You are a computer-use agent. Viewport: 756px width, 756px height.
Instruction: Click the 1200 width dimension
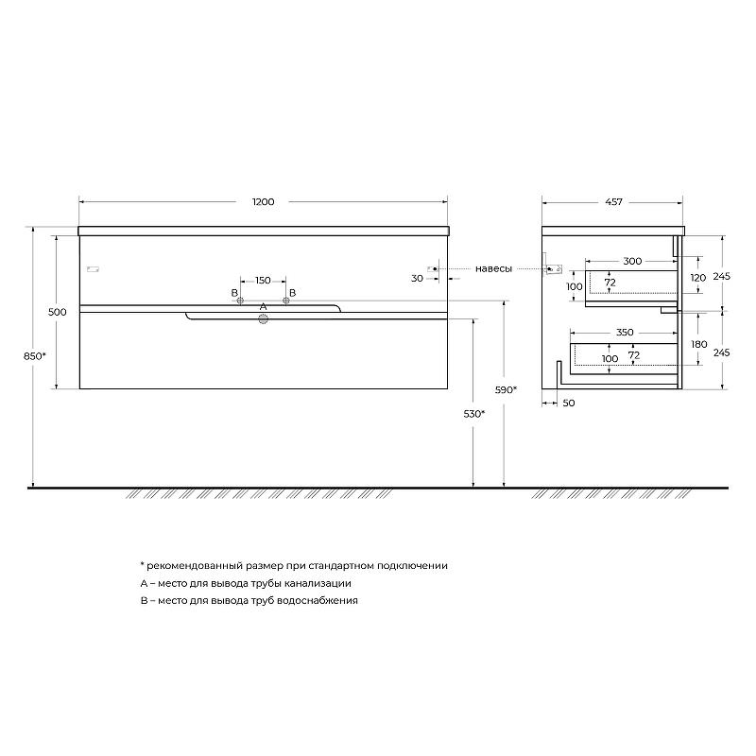(x=264, y=201)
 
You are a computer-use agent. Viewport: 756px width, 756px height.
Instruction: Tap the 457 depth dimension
(x=613, y=201)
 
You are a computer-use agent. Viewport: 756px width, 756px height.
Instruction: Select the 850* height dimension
(x=35, y=356)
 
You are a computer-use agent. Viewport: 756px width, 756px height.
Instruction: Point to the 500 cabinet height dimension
(x=58, y=312)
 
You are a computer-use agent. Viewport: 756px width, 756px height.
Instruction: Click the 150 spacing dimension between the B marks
(x=263, y=280)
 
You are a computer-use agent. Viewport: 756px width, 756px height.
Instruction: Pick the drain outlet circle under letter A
(x=264, y=318)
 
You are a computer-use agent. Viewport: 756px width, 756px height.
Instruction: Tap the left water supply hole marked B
(x=240, y=301)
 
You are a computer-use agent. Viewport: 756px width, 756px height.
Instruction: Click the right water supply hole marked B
(x=286, y=301)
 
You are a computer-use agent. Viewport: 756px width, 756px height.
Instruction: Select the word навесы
(x=493, y=268)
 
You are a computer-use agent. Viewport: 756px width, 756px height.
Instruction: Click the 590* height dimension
(x=506, y=389)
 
